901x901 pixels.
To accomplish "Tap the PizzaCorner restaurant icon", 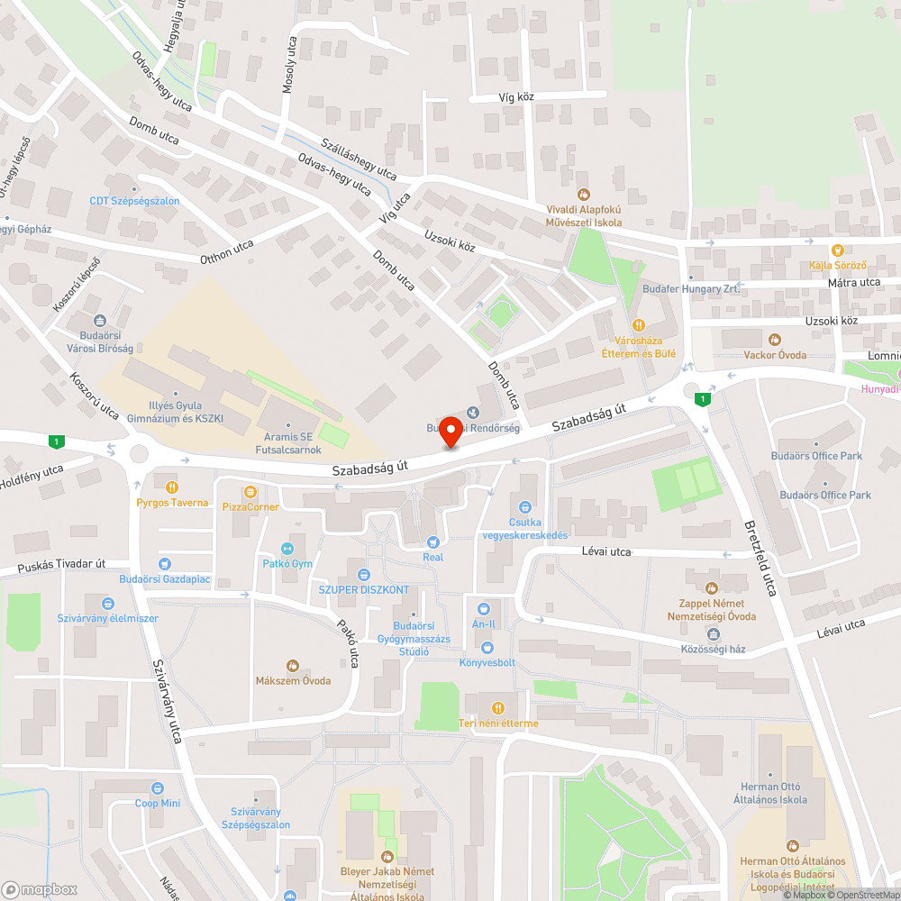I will point(250,492).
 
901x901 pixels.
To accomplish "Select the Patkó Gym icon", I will point(288,548).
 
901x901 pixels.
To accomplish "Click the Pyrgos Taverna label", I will point(172,503).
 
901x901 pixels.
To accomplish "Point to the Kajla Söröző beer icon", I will point(838,250).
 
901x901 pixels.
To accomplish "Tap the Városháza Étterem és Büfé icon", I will point(639,325).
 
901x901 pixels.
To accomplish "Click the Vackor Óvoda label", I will point(774,355).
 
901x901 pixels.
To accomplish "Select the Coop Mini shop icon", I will point(158,787).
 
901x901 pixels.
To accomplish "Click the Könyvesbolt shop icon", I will point(487,647).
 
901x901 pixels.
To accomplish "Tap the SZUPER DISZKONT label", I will point(364,590).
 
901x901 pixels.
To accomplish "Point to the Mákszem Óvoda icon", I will point(292,666).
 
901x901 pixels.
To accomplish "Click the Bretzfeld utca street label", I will point(760,560).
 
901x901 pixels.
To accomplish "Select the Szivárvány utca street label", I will point(168,700).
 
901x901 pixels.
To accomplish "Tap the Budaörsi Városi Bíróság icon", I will point(100,320).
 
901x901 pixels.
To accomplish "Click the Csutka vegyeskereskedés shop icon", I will point(524,508).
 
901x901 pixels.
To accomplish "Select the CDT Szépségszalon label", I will point(134,201).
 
